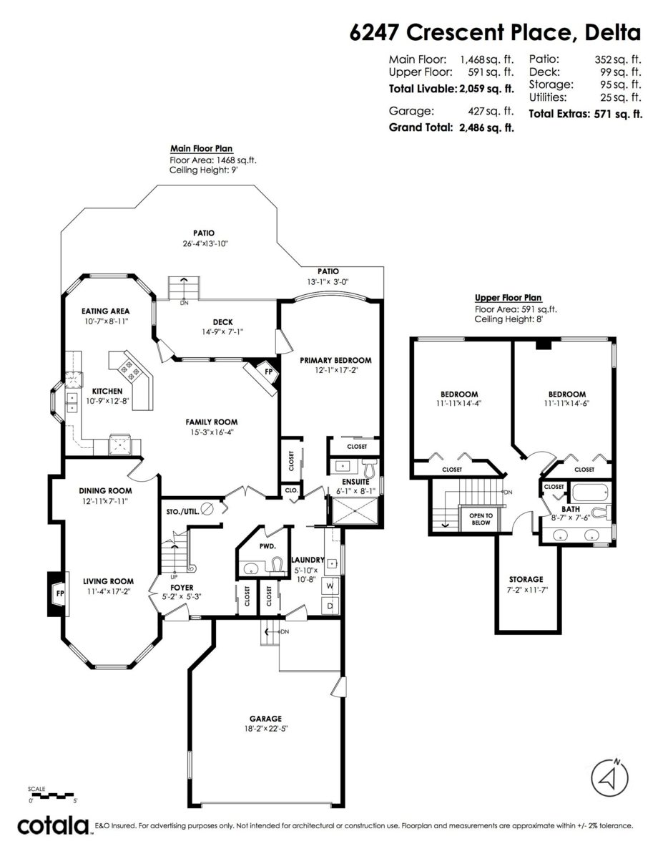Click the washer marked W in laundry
coord(330,585)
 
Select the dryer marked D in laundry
coord(330,605)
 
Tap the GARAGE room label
coord(265,719)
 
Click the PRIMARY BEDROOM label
coord(335,360)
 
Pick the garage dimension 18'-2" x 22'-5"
coord(265,729)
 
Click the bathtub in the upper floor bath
coord(589,492)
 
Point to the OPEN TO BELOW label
coord(481,519)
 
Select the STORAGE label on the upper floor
coord(526,579)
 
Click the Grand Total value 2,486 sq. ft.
coord(486,127)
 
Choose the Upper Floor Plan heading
coord(509,298)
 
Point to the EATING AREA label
coord(105,311)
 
